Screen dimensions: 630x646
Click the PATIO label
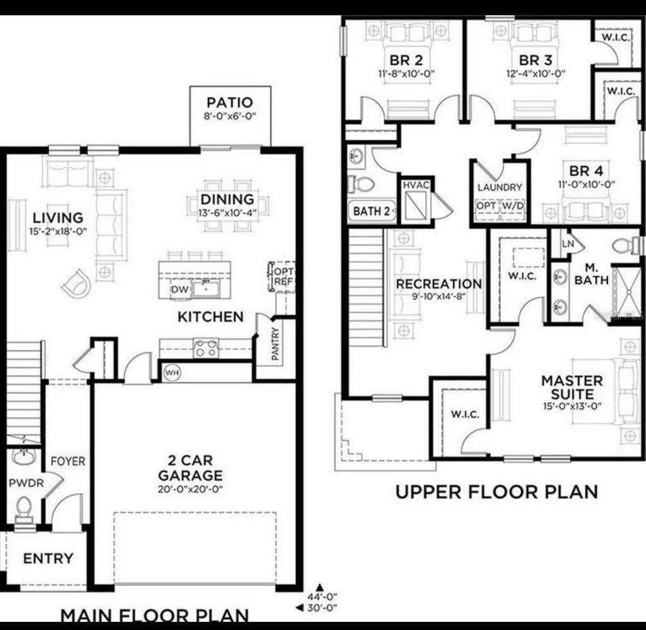click(x=230, y=102)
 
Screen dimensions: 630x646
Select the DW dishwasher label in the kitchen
click(x=179, y=289)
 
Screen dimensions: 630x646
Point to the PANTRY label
click(x=276, y=344)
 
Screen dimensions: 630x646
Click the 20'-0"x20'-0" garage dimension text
click(x=190, y=489)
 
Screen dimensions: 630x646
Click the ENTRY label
click(x=48, y=559)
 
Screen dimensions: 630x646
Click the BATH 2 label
click(x=371, y=211)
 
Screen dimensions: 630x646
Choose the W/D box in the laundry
click(x=514, y=206)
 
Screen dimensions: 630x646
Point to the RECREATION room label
click(x=438, y=284)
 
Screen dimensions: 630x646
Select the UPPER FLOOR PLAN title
click(x=496, y=491)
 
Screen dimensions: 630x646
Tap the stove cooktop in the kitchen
click(x=206, y=348)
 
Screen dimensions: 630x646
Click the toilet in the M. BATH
click(x=626, y=245)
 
